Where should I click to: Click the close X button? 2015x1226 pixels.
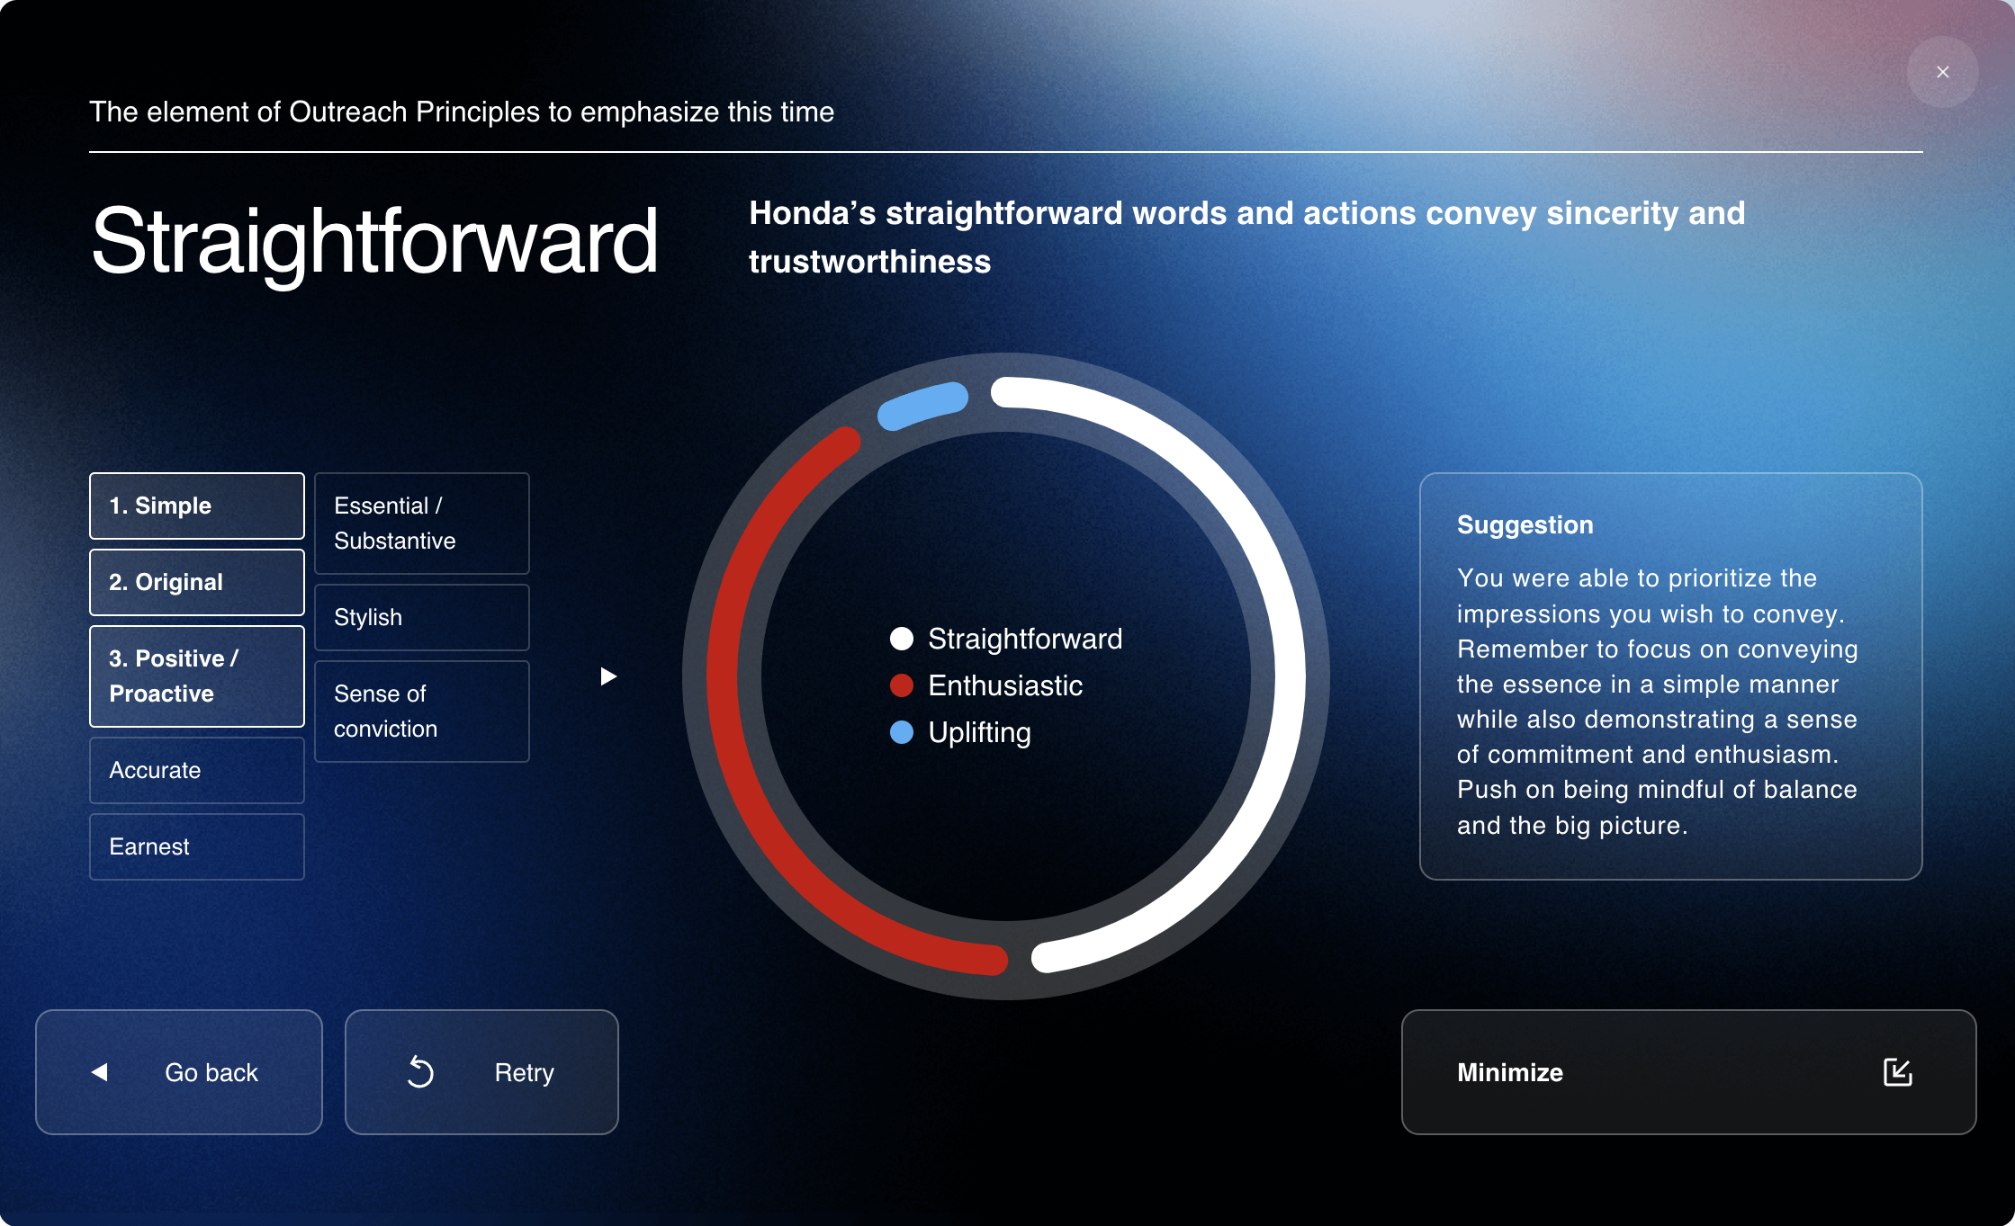click(x=1942, y=72)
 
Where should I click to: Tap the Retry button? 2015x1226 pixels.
click(x=481, y=1071)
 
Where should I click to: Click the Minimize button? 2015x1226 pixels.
click(x=1688, y=1071)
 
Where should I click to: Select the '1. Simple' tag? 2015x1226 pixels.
click(x=197, y=506)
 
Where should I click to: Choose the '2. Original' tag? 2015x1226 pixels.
click(x=197, y=582)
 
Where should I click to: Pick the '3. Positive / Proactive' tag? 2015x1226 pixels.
click(x=197, y=676)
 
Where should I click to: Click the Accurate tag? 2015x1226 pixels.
click(x=197, y=770)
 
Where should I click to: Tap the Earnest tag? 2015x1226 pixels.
click(x=197, y=846)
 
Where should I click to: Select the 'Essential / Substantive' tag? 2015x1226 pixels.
click(x=422, y=523)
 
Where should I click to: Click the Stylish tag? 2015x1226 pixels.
click(x=422, y=617)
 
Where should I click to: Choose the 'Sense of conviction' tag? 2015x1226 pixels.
click(x=422, y=711)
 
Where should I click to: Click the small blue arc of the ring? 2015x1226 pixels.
click(x=922, y=405)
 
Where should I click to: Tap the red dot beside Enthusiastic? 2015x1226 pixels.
click(x=902, y=685)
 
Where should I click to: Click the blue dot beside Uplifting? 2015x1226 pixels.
click(x=902, y=732)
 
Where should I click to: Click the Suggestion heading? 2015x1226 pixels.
click(x=1525, y=525)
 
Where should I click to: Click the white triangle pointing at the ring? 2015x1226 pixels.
click(x=608, y=676)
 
